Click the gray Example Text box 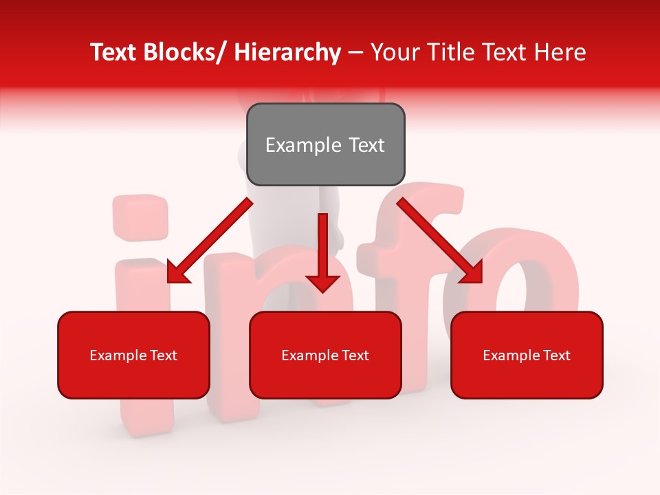click(325, 144)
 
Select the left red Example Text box click(133, 355)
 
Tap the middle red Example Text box click(325, 355)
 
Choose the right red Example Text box click(527, 355)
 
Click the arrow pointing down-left click(210, 241)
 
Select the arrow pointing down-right click(440, 241)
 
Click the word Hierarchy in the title click(287, 52)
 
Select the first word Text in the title click(115, 52)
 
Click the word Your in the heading click(394, 52)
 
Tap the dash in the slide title click(355, 52)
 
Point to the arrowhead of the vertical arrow click(322, 283)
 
